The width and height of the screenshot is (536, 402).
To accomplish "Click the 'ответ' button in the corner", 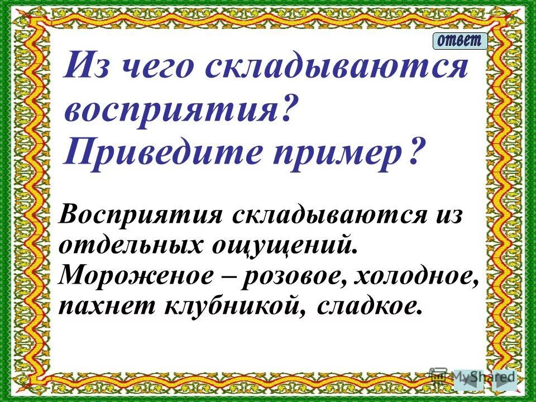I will (460, 41).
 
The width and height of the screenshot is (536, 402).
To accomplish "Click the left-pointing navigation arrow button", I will (476, 379).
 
